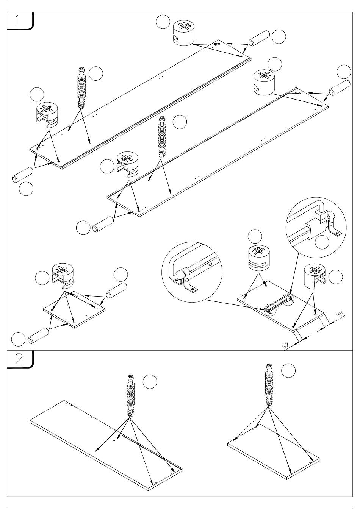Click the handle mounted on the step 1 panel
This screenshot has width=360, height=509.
[x=279, y=304]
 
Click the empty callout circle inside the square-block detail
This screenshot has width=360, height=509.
[x=322, y=242]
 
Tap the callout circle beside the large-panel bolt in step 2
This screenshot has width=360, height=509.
[x=150, y=381]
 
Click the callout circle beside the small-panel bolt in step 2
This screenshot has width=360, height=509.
[x=289, y=370]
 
